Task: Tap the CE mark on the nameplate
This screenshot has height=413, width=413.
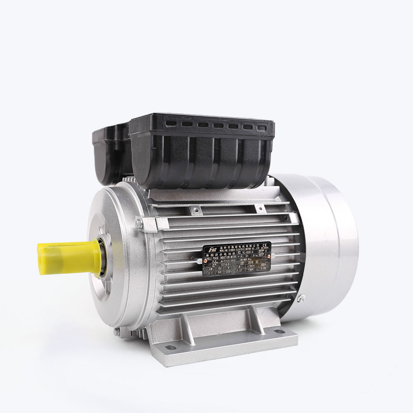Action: [x=264, y=245]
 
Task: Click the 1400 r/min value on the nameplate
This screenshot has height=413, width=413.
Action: [x=251, y=269]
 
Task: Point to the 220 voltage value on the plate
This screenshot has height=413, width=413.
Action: [x=228, y=271]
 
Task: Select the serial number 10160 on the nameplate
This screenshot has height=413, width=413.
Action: [x=225, y=264]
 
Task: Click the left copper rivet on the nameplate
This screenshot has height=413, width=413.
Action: [x=206, y=261]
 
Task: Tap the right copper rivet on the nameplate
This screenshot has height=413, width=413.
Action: [x=268, y=256]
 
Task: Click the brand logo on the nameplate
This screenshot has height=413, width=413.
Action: [x=213, y=250]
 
